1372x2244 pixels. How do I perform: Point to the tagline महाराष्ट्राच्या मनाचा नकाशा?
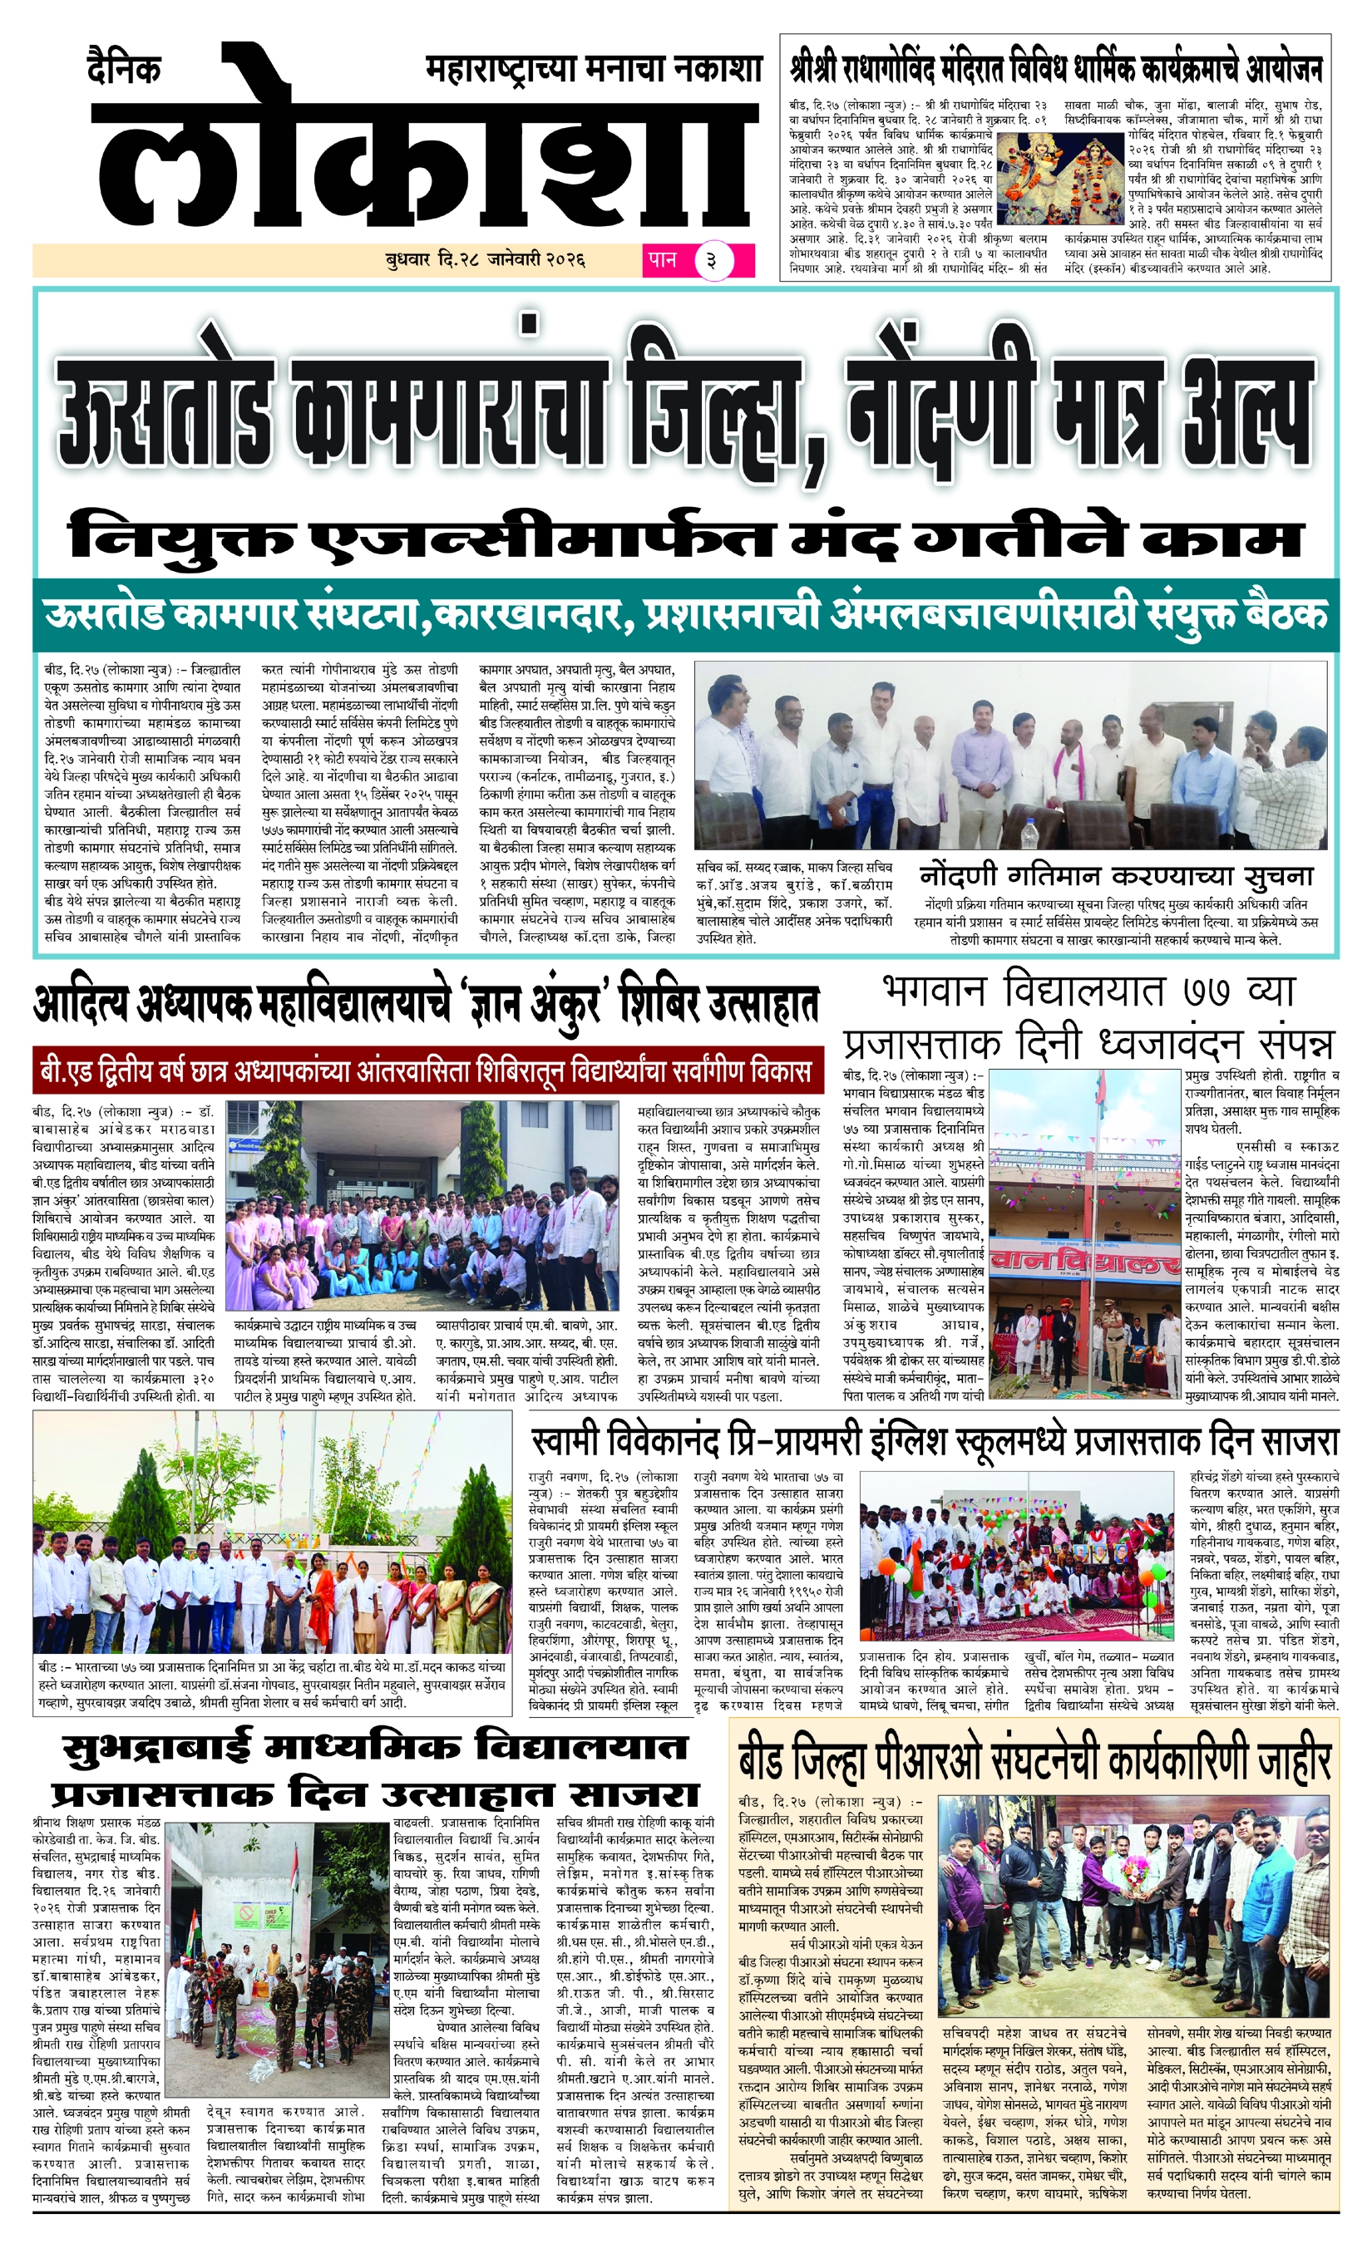tap(592, 70)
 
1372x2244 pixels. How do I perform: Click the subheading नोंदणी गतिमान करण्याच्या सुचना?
tap(1115, 876)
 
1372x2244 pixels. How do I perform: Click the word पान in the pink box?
tap(663, 259)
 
